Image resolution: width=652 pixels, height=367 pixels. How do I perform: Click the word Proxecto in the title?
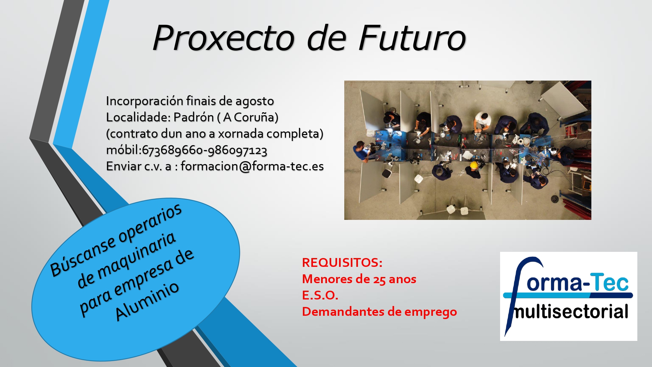(224, 38)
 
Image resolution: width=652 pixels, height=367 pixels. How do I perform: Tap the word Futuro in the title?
(412, 38)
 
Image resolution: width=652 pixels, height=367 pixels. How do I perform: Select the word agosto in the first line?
(255, 101)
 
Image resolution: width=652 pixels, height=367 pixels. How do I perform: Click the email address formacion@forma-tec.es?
(252, 166)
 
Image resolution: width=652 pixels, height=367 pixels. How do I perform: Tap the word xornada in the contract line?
(241, 134)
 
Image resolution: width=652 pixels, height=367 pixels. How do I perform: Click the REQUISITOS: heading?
(342, 263)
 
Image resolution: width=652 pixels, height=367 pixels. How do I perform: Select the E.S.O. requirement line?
(320, 295)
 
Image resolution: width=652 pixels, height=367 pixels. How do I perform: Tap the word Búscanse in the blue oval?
(83, 258)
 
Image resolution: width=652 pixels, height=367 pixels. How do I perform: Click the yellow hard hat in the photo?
(474, 165)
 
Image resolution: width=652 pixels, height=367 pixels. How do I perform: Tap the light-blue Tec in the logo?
(610, 282)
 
